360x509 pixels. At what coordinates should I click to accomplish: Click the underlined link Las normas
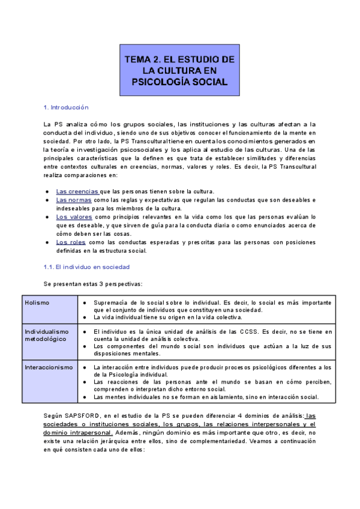point(74,199)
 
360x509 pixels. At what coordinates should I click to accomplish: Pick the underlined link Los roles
point(71,242)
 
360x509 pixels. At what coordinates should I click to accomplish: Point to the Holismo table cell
point(37,303)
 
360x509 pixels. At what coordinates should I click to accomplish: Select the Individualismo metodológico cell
point(47,335)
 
